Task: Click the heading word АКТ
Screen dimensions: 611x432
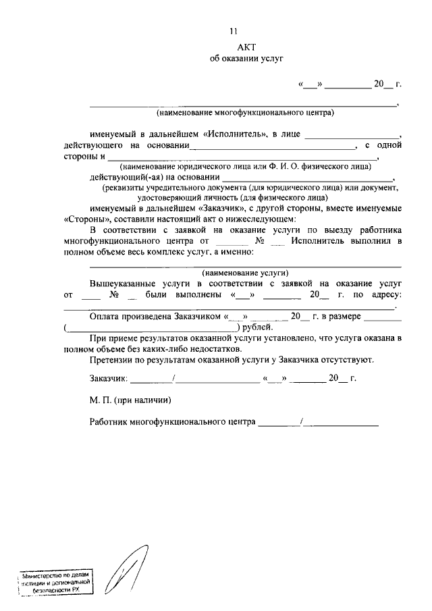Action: point(245,46)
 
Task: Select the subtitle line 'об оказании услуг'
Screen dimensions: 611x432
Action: point(245,59)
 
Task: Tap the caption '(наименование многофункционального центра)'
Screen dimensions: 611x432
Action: point(245,112)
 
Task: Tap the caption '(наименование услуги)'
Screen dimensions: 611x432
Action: point(245,273)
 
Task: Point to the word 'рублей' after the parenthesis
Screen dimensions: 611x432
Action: point(256,327)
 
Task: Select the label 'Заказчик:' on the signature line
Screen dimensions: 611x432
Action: point(108,379)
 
